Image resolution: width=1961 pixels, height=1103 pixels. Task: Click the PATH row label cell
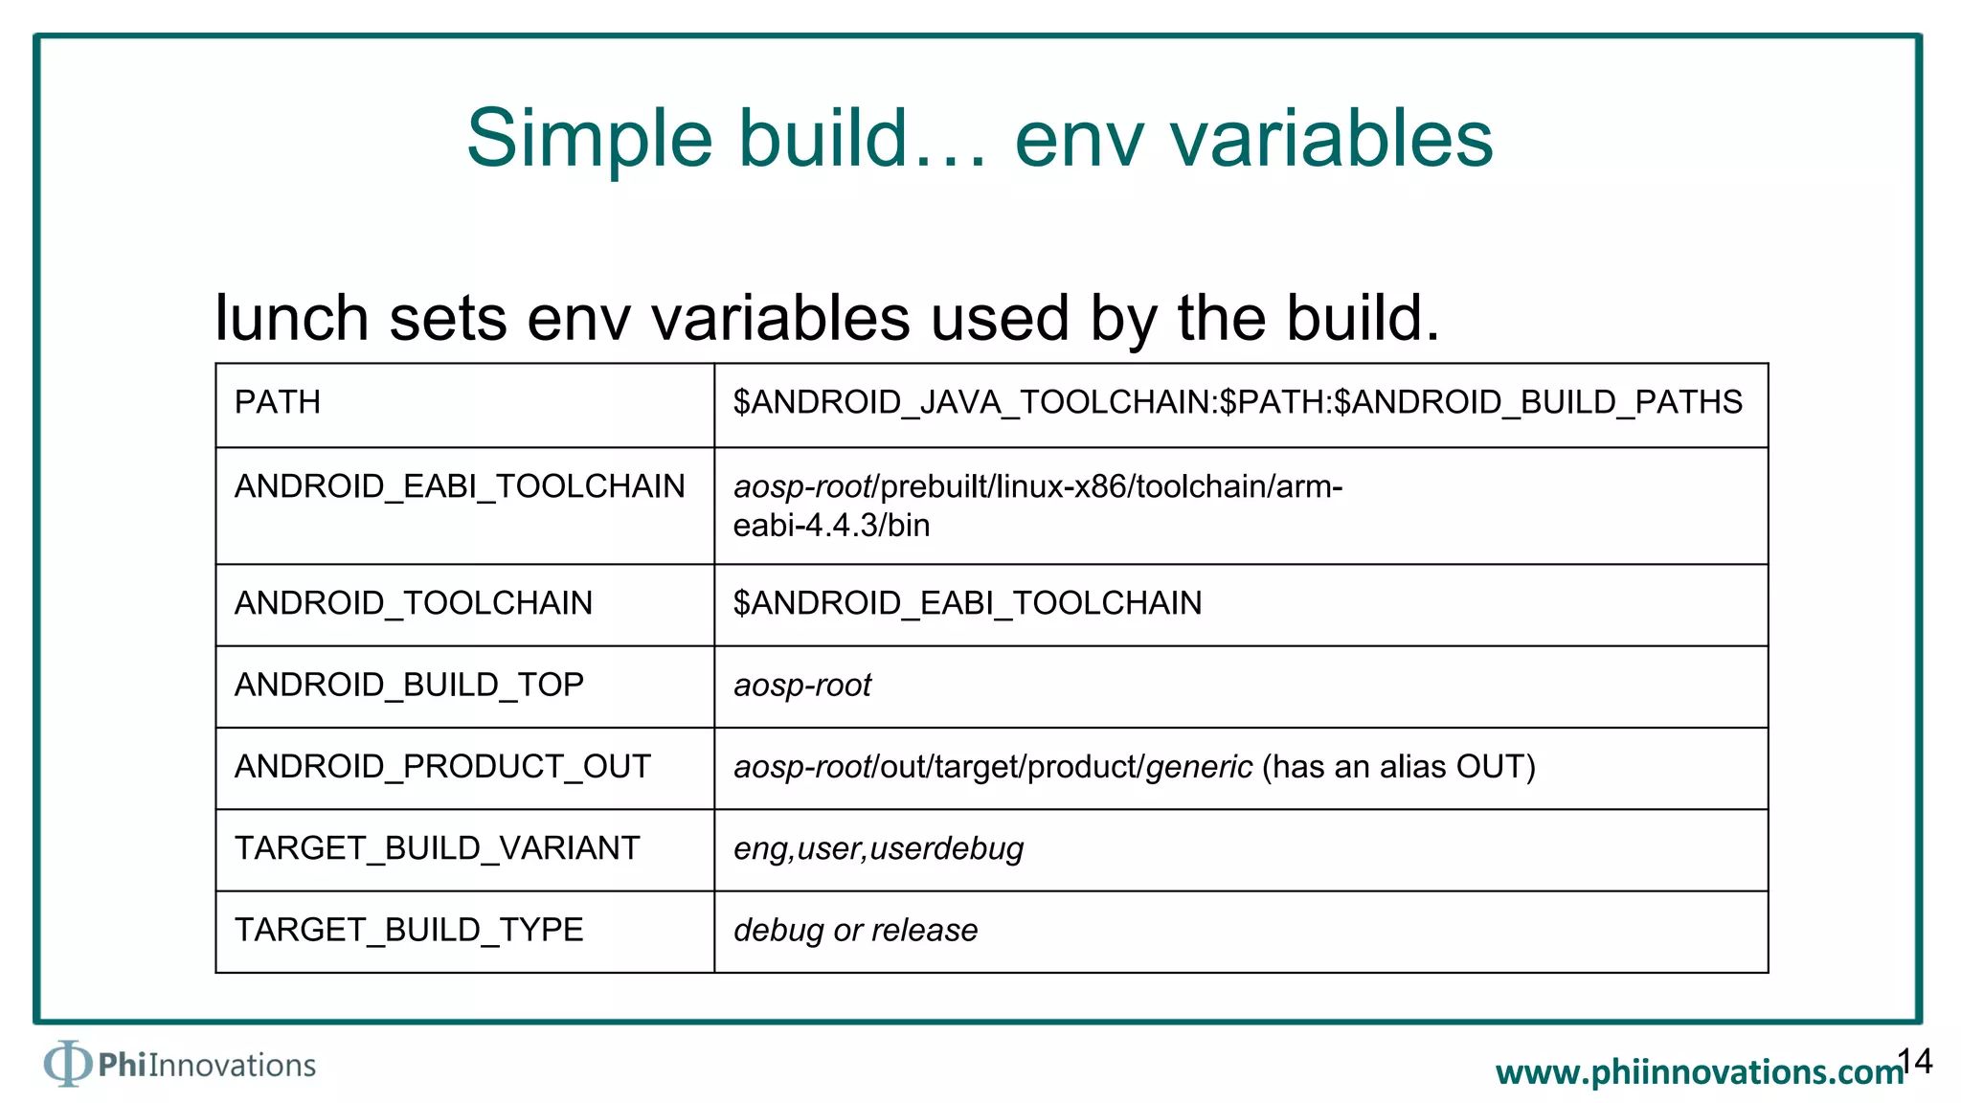[x=278, y=402]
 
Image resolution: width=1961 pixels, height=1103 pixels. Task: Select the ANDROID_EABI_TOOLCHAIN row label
[x=460, y=486]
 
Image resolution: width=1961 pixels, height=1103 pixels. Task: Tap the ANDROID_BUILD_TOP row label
[x=409, y=685]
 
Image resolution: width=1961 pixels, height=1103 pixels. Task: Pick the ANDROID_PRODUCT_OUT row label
[x=442, y=766]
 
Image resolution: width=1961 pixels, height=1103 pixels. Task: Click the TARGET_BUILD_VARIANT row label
[x=437, y=848]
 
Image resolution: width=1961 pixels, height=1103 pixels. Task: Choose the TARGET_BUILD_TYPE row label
[x=409, y=930]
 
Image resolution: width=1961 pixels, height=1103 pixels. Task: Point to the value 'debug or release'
[x=855, y=930]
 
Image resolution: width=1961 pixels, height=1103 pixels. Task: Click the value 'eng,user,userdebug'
[x=878, y=848]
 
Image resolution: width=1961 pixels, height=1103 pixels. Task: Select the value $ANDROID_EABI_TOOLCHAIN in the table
[x=967, y=603]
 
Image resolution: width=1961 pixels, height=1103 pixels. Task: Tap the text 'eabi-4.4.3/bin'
[x=831, y=526]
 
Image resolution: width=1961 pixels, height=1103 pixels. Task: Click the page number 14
[x=1915, y=1061]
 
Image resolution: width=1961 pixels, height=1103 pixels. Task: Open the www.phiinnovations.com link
[x=1700, y=1072]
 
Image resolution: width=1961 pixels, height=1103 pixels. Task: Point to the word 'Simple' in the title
[x=589, y=139]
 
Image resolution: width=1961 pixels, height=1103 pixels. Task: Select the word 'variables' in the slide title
[x=1331, y=139]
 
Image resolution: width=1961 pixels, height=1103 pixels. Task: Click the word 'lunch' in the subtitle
[x=292, y=318]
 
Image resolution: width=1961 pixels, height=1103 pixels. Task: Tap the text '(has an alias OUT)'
[x=1398, y=766]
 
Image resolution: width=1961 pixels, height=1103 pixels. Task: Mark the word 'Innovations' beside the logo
[x=232, y=1065]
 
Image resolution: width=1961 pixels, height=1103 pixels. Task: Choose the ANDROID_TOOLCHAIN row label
[x=414, y=603]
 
